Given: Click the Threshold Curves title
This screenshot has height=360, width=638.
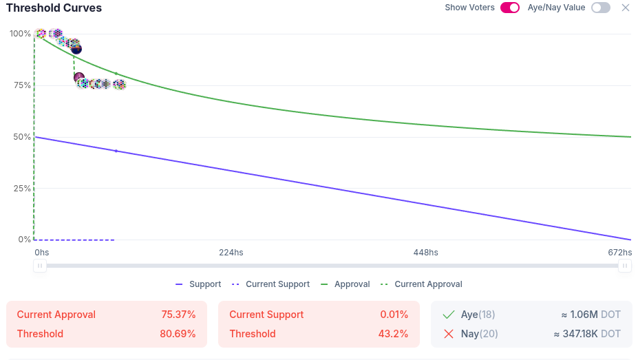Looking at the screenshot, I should tap(54, 8).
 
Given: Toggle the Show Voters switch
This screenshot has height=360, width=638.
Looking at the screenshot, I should tap(509, 8).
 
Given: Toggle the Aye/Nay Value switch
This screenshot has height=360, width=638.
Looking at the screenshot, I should tap(600, 8).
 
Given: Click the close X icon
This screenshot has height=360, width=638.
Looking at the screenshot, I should tap(626, 8).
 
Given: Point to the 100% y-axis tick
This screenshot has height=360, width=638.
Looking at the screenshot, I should tap(20, 34).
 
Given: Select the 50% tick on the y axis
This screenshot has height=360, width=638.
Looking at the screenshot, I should tap(21, 137).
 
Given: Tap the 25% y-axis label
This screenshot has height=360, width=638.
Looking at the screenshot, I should tap(21, 189).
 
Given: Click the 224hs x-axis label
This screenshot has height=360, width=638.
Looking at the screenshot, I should tap(231, 253).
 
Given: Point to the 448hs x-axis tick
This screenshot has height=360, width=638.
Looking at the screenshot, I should tap(425, 253).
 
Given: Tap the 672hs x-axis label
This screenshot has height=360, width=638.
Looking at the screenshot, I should tap(619, 253).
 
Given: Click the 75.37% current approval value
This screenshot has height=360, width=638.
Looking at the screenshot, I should tap(178, 315).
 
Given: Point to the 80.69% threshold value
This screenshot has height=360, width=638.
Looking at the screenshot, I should tap(178, 334).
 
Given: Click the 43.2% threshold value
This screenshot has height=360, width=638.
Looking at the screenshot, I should tap(394, 334).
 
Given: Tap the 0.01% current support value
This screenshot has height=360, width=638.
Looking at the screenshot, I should tap(394, 315).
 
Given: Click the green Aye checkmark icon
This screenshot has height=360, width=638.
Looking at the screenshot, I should tap(449, 315).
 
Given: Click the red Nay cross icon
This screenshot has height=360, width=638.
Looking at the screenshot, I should tap(449, 334).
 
